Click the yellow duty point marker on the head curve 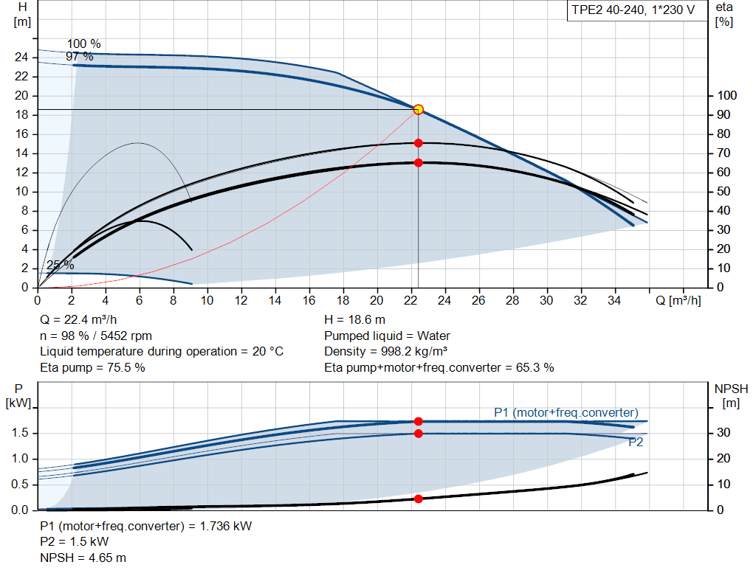click(419, 109)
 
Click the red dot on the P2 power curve click(419, 433)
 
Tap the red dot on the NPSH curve click(419, 499)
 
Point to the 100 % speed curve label click(83, 44)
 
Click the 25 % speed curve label click(61, 265)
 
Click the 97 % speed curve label click(79, 57)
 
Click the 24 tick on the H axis click(22, 58)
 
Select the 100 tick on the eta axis click(726, 96)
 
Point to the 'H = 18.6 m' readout click(354, 320)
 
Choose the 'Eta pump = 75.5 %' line click(92, 367)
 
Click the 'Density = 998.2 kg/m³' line click(388, 351)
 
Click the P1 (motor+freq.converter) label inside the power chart click(566, 412)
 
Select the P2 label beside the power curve click(636, 443)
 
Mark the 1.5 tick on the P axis click(21, 433)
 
